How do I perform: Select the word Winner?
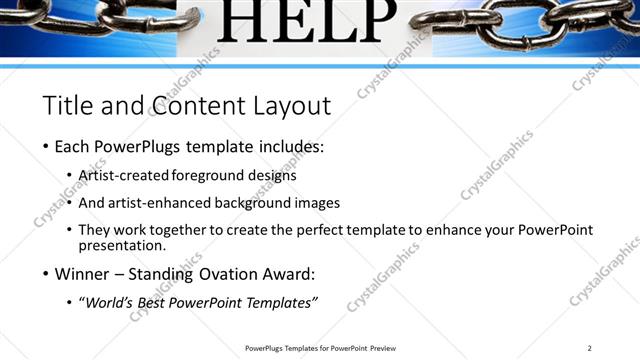click(x=82, y=273)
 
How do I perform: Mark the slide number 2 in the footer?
click(x=590, y=348)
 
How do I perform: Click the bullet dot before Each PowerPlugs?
click(x=45, y=147)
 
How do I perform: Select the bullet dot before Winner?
click(x=45, y=273)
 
